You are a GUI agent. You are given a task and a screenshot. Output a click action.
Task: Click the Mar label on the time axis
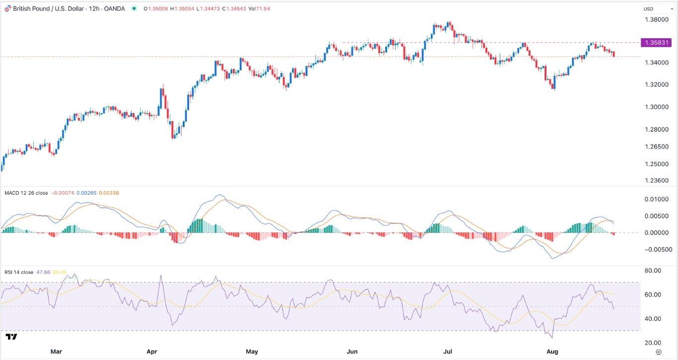click(56, 352)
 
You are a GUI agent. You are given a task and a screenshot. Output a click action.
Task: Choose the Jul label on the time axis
click(448, 352)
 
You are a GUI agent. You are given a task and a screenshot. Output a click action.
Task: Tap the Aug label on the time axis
click(552, 352)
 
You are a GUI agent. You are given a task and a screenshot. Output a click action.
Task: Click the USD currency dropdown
click(651, 8)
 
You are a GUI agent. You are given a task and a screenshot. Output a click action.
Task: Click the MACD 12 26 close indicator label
click(26, 193)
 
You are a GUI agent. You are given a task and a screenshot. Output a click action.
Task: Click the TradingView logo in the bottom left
click(11, 337)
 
